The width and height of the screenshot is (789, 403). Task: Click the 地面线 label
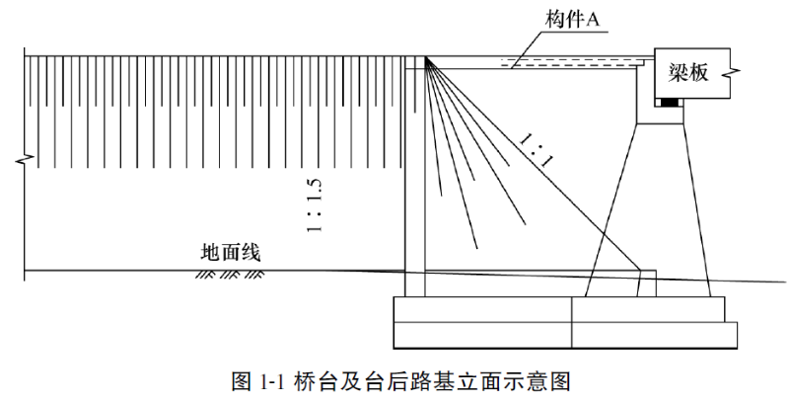(229, 253)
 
